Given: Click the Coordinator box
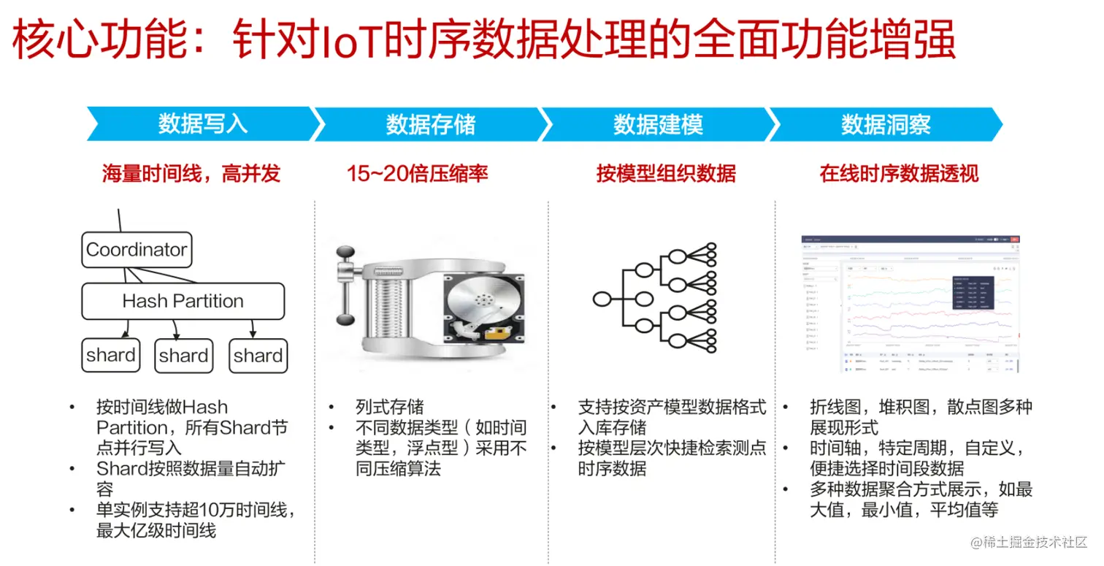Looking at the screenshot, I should click(x=137, y=250).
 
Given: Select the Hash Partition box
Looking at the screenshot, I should click(x=183, y=301).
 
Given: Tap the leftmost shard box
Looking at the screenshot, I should click(x=110, y=356).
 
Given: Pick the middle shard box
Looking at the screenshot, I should click(x=183, y=356).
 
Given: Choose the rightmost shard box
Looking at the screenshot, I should click(x=258, y=356).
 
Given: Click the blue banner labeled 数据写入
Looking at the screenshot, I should click(x=203, y=124).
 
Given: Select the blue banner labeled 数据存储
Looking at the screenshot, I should click(x=430, y=124).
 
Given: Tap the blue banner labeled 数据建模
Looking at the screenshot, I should click(x=658, y=124).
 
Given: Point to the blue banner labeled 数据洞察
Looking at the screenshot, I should click(x=886, y=124).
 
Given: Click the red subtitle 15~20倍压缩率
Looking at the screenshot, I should click(x=418, y=174).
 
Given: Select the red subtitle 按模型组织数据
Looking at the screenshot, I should click(x=666, y=174).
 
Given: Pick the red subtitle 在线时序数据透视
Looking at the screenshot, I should click(x=899, y=174).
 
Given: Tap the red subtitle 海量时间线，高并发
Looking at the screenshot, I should click(x=191, y=174).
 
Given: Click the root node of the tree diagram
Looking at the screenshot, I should click(x=601, y=298).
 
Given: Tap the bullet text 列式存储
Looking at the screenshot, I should click(x=389, y=408).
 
